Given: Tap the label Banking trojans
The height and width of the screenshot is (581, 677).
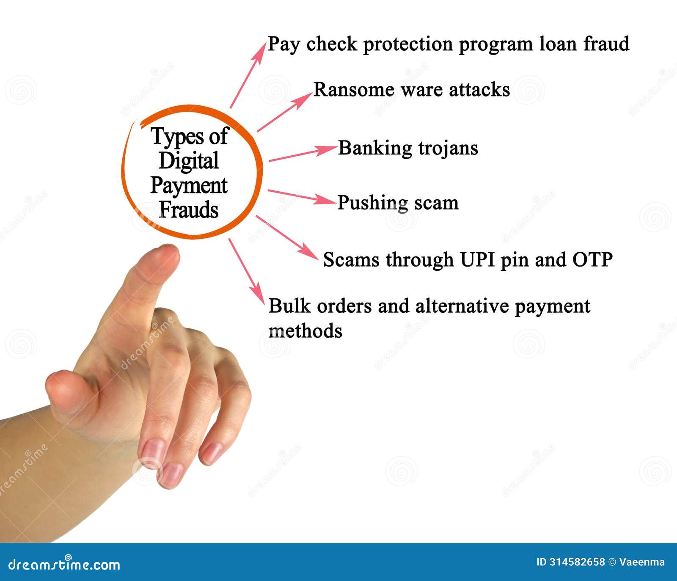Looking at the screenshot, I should point(408,148).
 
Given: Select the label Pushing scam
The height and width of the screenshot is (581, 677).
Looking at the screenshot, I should point(398,203).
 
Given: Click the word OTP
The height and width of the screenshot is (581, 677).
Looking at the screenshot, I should point(592,259).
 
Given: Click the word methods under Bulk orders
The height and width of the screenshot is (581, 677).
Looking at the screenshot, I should point(305,331).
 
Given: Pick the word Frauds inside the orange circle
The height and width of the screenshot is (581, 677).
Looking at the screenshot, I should point(189,210).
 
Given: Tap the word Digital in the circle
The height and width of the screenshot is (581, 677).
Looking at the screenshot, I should point(189,161).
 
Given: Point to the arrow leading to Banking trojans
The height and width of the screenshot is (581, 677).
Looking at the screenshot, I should point(302,154).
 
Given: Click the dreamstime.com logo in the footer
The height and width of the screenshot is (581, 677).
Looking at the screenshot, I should point(64,564).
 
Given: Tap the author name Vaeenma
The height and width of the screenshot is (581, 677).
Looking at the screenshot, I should point(642,562).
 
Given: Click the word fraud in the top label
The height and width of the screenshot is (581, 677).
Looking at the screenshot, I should point(606,44).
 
